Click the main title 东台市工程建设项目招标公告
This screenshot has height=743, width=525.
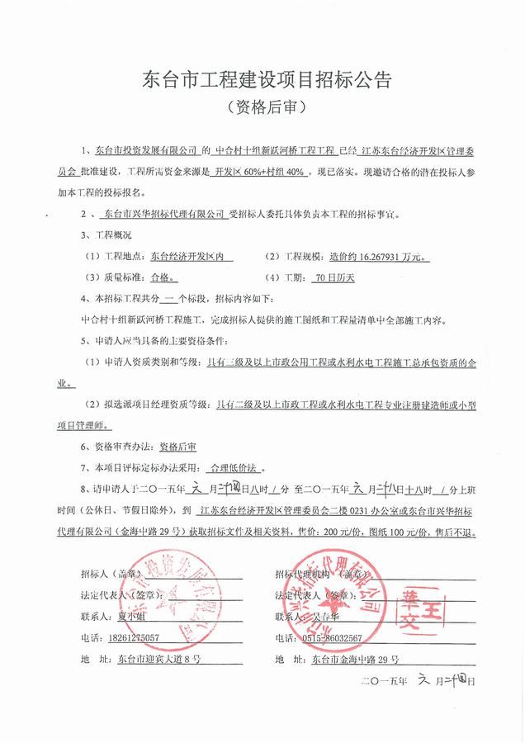(x=262, y=81)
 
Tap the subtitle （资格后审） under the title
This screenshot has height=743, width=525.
(x=262, y=107)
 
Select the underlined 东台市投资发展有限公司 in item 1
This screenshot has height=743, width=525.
(x=147, y=152)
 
